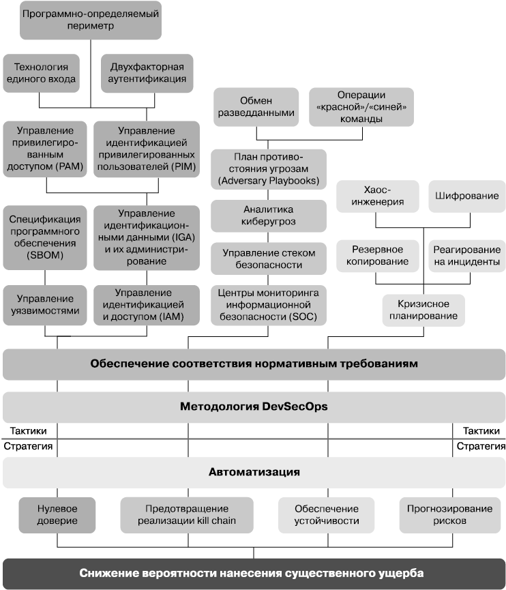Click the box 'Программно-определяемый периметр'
click(91, 19)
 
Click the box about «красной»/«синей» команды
click(361, 106)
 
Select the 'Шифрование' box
click(467, 196)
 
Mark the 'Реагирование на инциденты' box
click(467, 255)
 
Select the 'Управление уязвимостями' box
click(45, 305)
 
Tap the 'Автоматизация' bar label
click(254, 472)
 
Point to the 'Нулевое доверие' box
click(57, 515)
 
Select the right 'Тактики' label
click(482, 431)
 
